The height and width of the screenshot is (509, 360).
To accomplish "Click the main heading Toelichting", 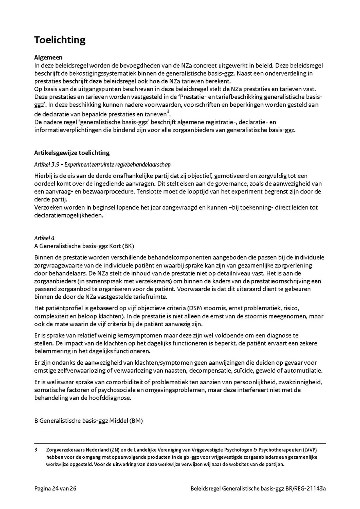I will (60, 40).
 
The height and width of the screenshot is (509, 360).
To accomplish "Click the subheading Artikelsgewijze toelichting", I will (72, 153).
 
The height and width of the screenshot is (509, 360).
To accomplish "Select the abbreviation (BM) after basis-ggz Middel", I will (136, 421).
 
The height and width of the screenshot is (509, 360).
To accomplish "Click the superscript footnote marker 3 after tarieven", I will (168, 111).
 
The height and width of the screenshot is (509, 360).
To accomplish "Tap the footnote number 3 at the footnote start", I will (36, 450).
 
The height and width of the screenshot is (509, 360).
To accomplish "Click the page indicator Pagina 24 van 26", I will (55, 489).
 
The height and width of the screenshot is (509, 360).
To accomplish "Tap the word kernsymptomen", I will (116, 335).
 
